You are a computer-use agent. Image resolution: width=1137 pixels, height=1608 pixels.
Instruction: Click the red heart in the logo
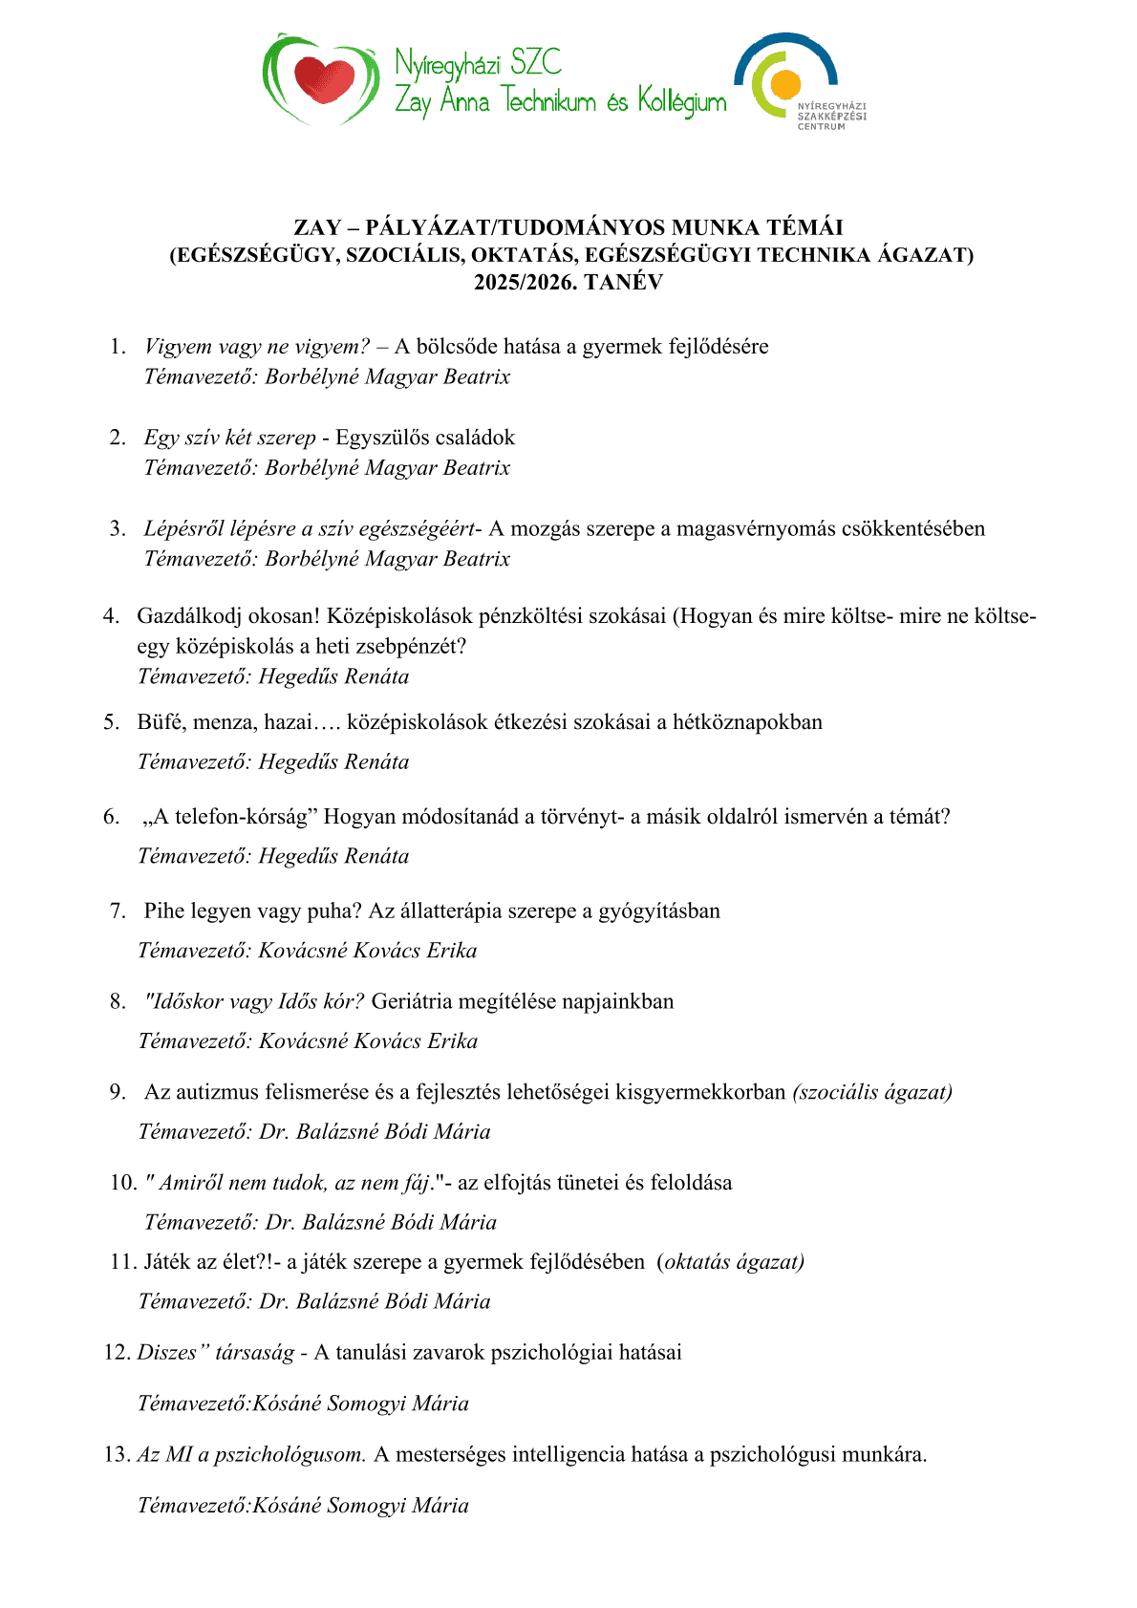click(323, 79)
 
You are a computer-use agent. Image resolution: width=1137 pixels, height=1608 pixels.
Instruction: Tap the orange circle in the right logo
click(785, 84)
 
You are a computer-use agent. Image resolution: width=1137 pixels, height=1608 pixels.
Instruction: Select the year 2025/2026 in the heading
click(526, 283)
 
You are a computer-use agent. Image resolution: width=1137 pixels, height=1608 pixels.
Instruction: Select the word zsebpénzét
click(404, 647)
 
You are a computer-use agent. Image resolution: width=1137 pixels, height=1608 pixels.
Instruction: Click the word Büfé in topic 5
click(160, 722)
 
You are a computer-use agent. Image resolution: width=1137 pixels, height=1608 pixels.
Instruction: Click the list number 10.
click(123, 1183)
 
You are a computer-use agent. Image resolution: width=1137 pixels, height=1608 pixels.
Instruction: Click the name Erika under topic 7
click(452, 952)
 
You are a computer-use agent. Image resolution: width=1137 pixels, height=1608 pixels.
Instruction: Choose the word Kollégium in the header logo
click(682, 101)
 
